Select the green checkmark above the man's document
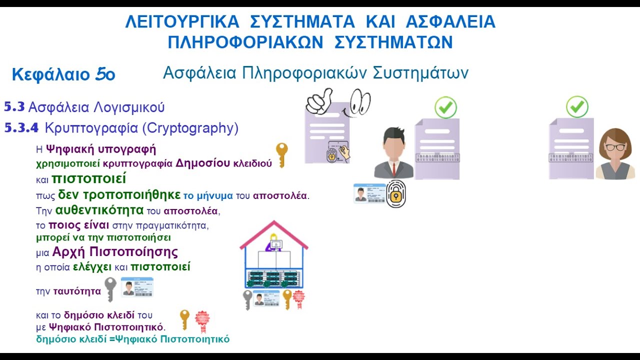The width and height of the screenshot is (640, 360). (x=445, y=107)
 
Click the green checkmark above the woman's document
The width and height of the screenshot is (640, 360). (x=577, y=107)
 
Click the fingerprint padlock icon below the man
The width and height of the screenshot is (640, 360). (x=396, y=194)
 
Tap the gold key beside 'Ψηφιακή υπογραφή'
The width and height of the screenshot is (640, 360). (x=282, y=154)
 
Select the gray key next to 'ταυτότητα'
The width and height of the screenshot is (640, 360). (x=110, y=289)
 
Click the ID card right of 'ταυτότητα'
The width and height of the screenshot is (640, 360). (x=137, y=287)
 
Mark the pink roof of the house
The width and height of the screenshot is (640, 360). (x=273, y=233)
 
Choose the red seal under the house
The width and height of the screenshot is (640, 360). (x=299, y=298)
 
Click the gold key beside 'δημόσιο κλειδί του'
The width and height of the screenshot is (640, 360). (x=184, y=319)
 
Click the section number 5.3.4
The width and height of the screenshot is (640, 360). (x=21, y=128)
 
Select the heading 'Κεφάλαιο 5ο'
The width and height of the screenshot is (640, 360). (x=63, y=75)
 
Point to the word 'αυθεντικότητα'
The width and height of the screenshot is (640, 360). (x=99, y=210)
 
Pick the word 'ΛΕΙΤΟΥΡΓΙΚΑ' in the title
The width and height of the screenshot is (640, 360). (x=182, y=22)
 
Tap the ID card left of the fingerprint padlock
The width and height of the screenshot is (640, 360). (x=369, y=193)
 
